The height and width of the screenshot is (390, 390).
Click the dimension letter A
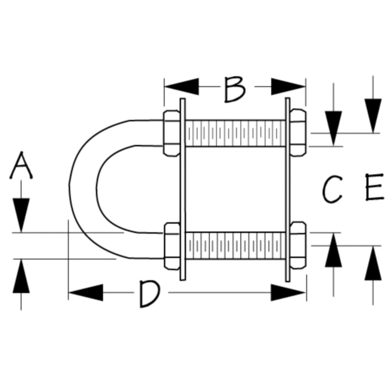tap(21, 165)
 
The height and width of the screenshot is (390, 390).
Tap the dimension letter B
tap(235, 90)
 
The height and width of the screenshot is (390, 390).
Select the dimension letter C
tap(332, 189)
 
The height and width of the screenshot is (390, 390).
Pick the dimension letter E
tap(374, 187)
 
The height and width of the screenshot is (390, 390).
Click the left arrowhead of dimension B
tap(182, 87)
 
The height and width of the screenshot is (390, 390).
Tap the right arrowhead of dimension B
tap(288, 87)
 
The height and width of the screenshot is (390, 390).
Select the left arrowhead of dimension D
tap(86, 292)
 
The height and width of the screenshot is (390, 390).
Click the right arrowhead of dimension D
tap(288, 292)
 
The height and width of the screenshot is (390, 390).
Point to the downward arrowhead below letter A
tap(21, 215)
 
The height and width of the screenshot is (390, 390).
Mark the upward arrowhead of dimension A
tap(21, 276)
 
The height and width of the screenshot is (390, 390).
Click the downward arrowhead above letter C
tap(333, 128)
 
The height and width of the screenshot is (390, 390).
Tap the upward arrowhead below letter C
tap(333, 250)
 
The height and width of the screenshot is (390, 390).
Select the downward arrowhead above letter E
tap(373, 116)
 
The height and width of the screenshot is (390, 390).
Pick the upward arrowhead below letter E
tap(373, 263)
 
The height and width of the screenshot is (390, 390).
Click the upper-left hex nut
tap(172, 133)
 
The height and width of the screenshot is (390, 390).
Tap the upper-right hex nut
tap(298, 133)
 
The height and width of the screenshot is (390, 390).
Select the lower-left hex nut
tap(172, 246)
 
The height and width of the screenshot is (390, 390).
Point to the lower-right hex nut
tap(298, 245)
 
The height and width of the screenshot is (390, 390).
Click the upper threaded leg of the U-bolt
tap(235, 133)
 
